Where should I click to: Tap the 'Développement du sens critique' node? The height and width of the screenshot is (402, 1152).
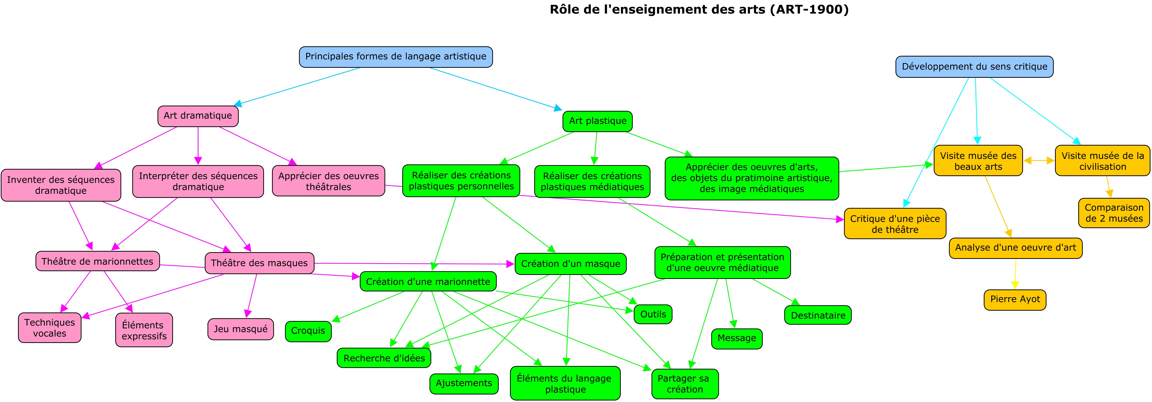point(974,67)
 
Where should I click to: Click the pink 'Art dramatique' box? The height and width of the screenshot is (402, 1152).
point(198,116)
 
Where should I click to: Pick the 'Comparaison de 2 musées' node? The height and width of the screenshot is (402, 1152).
point(1113,213)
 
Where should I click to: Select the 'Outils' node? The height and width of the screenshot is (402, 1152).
point(653,314)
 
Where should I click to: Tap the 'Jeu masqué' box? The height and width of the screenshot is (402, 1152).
point(240,329)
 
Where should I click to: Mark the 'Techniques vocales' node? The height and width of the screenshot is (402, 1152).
point(50,328)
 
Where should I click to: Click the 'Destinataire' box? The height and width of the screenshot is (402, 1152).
point(817,315)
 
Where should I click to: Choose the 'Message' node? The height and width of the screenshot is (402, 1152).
point(736,338)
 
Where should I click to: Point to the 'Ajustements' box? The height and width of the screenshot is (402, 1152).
point(464,383)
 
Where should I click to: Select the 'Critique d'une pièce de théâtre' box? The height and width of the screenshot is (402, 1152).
point(895,224)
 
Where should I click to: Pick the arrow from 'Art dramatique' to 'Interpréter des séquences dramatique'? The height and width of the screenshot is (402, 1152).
point(198,146)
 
